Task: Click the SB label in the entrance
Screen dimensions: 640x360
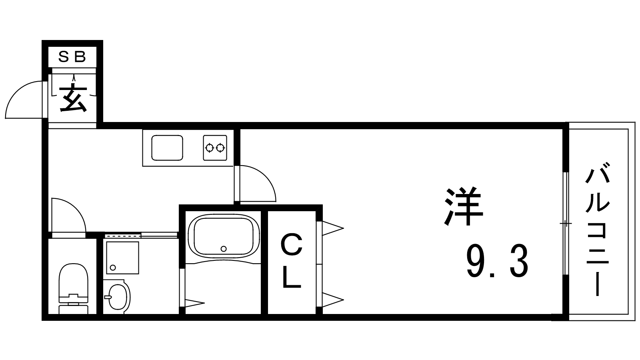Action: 72,57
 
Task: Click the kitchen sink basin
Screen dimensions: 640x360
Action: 167,148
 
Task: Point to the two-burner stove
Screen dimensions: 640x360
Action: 215,148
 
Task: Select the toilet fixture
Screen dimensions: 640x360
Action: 74,288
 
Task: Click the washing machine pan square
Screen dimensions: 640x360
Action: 122,258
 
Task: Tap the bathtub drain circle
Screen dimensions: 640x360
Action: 224,248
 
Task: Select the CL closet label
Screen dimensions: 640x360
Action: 292,260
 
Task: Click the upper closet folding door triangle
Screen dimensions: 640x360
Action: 332,228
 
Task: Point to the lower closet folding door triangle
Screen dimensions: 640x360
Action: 332,300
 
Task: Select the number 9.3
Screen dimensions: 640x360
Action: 497,261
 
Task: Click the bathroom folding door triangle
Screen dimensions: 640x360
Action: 195,303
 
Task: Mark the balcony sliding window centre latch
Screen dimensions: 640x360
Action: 566,223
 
